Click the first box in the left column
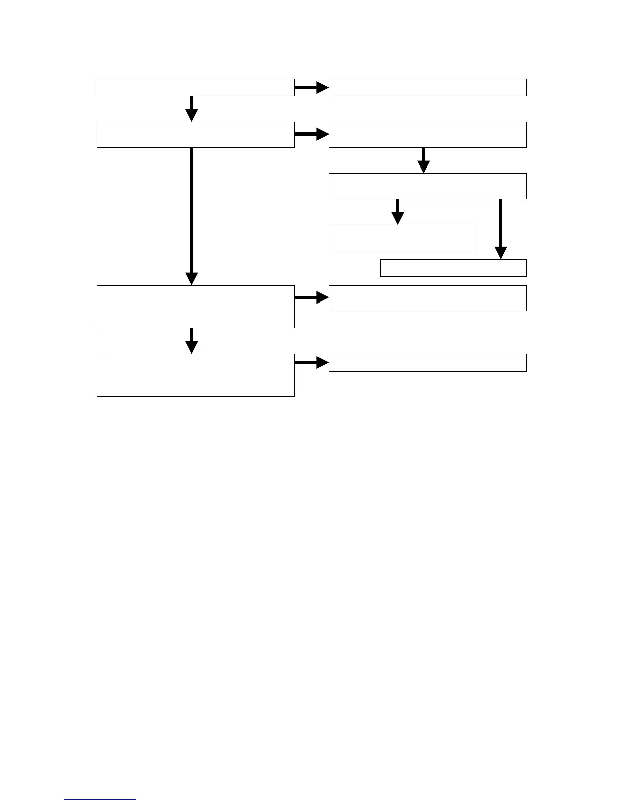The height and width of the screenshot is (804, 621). pos(196,87)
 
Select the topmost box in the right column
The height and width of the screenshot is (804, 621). pos(428,87)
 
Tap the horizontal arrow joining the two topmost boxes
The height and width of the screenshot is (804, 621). pos(312,87)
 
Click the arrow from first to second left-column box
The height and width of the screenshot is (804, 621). pos(192,109)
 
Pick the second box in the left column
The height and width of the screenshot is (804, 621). pos(196,135)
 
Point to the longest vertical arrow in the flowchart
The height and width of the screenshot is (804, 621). pos(192,216)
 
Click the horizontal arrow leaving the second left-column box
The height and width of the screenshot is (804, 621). pos(312,135)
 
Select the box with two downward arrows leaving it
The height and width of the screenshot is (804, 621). pos(428,186)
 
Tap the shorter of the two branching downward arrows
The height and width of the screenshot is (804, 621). pos(398,212)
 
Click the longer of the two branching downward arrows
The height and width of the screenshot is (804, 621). pos(501,229)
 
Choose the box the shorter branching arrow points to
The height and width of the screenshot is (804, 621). pos(402,238)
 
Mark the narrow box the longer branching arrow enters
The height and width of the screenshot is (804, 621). pos(453,268)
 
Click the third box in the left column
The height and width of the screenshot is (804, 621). pos(196,307)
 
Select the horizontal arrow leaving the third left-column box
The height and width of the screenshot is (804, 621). pos(312,297)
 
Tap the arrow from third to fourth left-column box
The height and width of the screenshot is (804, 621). pos(192,341)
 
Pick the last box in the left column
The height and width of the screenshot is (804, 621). pos(196,375)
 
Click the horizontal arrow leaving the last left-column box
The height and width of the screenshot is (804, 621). pos(312,362)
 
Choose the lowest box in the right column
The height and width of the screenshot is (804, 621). pos(428,362)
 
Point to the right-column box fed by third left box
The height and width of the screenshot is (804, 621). pos(428,297)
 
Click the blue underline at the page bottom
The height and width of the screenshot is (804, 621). pos(100,800)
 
